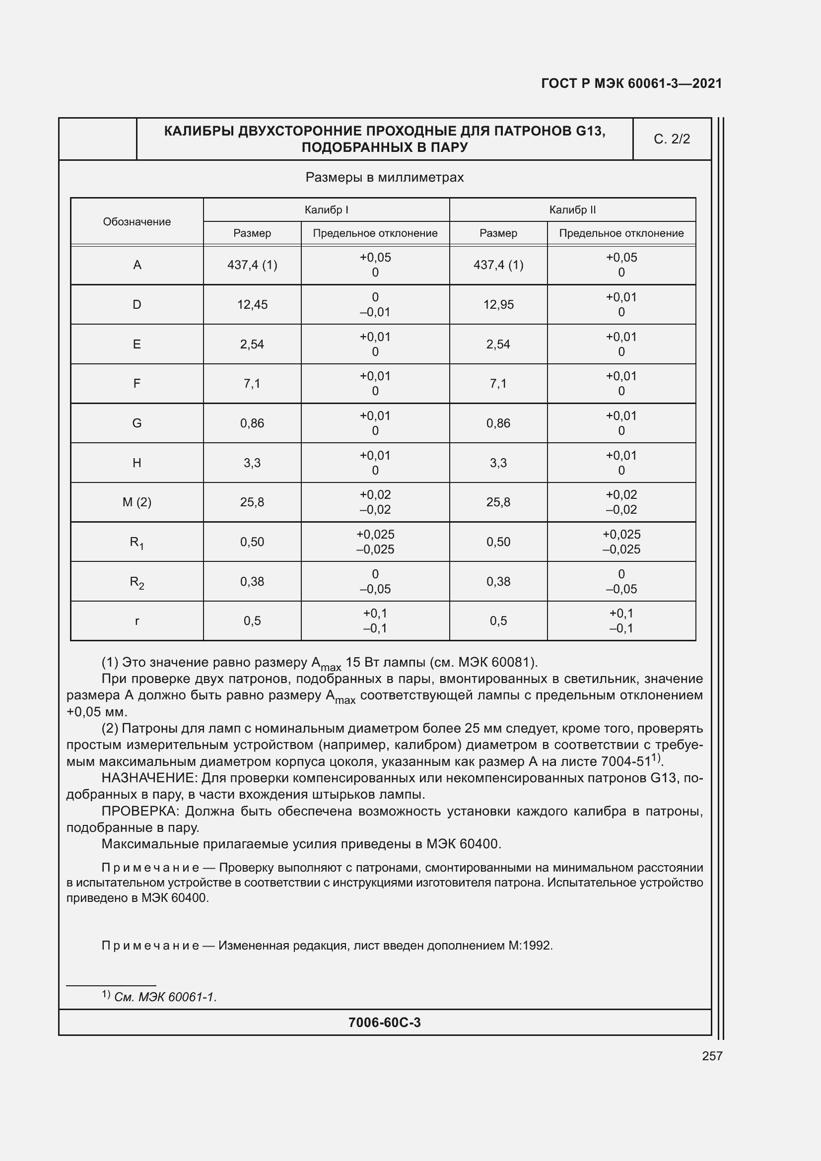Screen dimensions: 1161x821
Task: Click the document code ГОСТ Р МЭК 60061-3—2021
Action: point(631,83)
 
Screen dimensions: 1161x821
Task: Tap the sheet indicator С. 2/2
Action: point(672,139)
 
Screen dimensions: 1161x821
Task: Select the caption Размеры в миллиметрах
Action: point(384,178)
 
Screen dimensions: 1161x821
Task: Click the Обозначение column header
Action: point(137,221)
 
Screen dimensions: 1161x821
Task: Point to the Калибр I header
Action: point(326,210)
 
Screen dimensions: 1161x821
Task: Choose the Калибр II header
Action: point(572,210)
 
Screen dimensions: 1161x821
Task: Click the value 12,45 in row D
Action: point(252,304)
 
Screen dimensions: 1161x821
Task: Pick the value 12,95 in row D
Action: point(498,304)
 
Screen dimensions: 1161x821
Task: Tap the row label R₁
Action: point(137,543)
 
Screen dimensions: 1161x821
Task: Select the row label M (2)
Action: point(137,502)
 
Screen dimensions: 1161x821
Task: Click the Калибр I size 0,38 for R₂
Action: point(252,582)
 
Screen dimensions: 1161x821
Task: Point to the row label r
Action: point(137,621)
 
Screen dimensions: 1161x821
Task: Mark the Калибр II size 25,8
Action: point(498,502)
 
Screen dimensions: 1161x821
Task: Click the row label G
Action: point(137,423)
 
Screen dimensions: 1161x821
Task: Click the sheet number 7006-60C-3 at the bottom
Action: point(384,1023)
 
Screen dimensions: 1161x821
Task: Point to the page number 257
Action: point(712,1056)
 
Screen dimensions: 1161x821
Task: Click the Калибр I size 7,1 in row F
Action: point(252,384)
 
